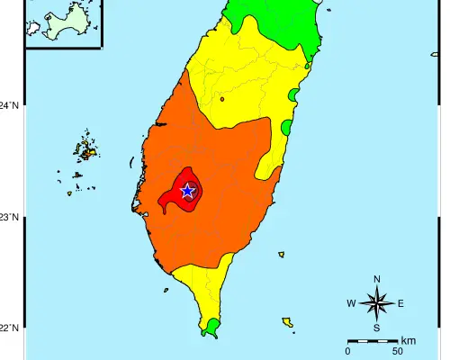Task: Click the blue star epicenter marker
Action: [187, 191]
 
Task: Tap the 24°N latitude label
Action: [9, 105]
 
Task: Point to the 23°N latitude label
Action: [9, 217]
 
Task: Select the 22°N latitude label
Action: [9, 328]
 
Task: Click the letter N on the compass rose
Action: [376, 279]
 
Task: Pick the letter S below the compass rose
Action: [376, 328]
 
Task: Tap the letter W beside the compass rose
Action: [351, 303]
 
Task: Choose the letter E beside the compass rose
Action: [400, 303]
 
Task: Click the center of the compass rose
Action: [376, 303]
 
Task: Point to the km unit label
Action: [408, 340]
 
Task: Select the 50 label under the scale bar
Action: [398, 352]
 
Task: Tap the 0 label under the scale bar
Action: [347, 352]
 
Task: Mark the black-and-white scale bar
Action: [373, 341]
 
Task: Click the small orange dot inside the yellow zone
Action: [221, 99]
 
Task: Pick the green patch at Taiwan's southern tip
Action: [212, 326]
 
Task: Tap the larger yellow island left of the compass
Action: [287, 321]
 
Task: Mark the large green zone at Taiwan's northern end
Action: [279, 27]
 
